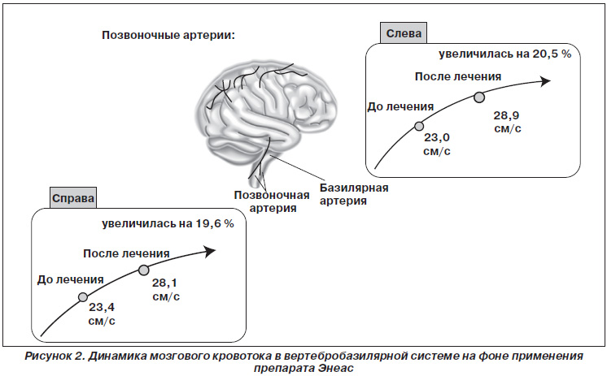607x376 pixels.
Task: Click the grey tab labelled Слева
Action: coord(404,33)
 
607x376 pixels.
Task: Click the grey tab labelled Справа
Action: coord(72,198)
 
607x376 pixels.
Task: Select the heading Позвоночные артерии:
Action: coord(168,35)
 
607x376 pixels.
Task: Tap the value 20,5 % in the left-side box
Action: coord(552,54)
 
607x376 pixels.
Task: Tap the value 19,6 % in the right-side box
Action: coord(215,223)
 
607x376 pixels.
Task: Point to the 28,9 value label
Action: coord(506,115)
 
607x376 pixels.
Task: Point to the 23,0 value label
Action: coord(437,137)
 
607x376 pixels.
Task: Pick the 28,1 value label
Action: coord(164,283)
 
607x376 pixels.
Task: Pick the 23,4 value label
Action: coord(102,308)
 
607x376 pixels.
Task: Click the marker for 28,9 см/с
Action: coord(479,97)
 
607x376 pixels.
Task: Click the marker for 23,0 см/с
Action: coord(419,126)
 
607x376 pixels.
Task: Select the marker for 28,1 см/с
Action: coord(144,270)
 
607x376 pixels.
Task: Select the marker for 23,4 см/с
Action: coord(83,297)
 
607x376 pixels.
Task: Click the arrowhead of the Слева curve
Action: coord(546,81)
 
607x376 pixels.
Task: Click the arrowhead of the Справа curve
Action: coord(210,252)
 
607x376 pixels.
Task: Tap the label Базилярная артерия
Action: coord(354,194)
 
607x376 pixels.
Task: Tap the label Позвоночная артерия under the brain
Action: coord(272,201)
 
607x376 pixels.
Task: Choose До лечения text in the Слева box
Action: coord(400,106)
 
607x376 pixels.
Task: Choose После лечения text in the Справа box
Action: coord(127,253)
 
